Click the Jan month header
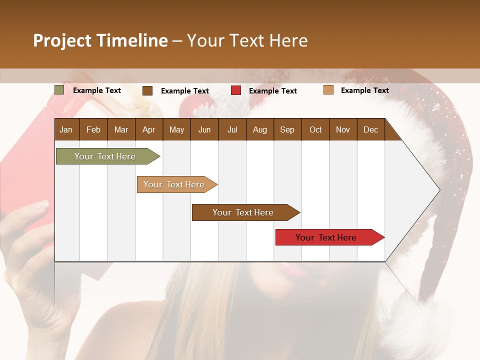(x=66, y=129)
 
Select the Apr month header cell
(x=148, y=129)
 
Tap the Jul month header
(x=232, y=129)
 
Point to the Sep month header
(x=287, y=129)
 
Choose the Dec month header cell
(x=370, y=129)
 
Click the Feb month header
(x=93, y=129)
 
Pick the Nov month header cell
(x=342, y=129)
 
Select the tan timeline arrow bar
(x=175, y=184)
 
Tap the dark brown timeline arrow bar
(x=243, y=212)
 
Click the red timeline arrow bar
(x=327, y=237)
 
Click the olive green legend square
(x=59, y=90)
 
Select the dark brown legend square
(x=147, y=90)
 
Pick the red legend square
(x=236, y=90)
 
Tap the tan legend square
(x=328, y=90)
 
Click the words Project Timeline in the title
(x=100, y=40)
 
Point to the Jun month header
(x=204, y=129)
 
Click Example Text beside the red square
(x=272, y=90)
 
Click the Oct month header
(x=315, y=129)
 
